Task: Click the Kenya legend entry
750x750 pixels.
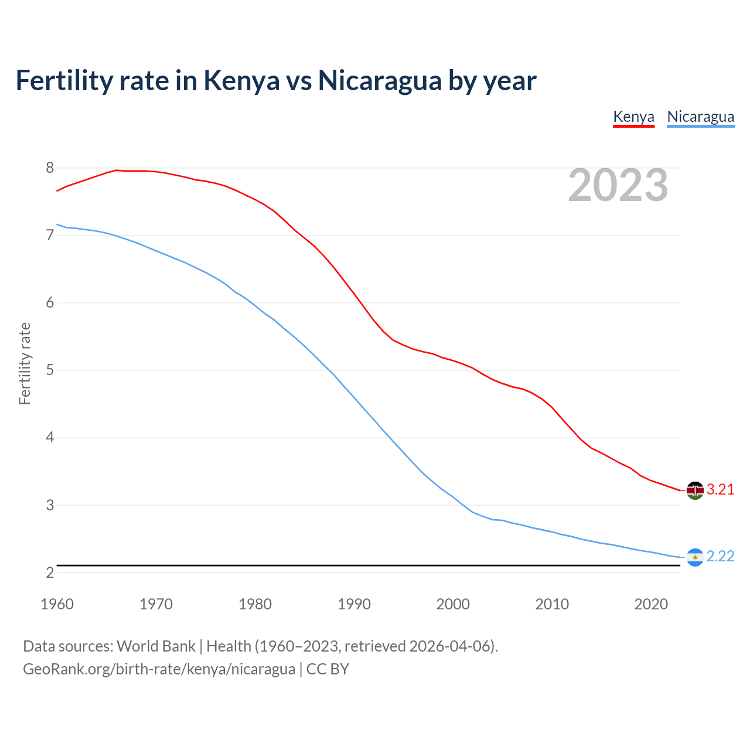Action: tap(633, 117)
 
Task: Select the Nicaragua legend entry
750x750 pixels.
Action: tap(700, 117)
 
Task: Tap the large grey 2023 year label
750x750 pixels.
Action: tap(618, 185)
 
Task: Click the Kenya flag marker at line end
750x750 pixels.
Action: tap(695, 490)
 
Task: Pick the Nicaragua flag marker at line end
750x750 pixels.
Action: tap(695, 557)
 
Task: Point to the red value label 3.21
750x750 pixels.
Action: tap(720, 490)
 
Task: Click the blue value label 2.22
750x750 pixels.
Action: tap(720, 557)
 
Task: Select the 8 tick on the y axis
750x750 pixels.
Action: tap(50, 168)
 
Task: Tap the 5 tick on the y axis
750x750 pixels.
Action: tap(50, 370)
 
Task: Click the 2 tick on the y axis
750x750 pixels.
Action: tap(50, 572)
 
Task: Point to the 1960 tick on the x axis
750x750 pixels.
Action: tap(57, 604)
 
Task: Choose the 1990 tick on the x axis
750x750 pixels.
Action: tap(354, 604)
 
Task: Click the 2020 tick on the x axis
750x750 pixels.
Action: tap(651, 604)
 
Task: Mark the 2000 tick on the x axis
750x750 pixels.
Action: tap(453, 604)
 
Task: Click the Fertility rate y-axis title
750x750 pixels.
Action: tap(25, 363)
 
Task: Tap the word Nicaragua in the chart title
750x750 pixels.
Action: tap(379, 81)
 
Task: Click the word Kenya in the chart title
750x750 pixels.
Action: tap(241, 81)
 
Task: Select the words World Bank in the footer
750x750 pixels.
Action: tap(156, 646)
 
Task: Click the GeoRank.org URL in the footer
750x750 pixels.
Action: tap(159, 669)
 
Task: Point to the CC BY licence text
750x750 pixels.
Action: tap(328, 669)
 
